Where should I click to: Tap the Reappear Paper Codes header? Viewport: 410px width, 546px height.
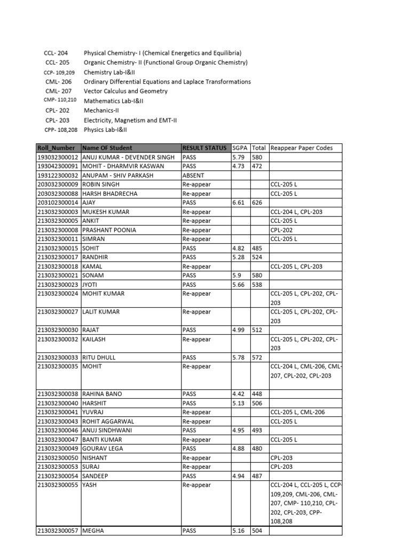tap(302, 148)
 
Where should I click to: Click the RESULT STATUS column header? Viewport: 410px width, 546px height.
tap(204, 148)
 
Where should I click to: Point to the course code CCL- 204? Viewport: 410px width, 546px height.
tap(55, 53)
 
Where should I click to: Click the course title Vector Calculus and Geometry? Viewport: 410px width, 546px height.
tap(125, 91)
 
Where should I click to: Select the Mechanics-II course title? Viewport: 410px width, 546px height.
tap(101, 110)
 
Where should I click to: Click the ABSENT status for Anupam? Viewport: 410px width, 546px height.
tap(193, 175)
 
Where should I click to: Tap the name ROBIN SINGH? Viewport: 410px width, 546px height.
tap(101, 184)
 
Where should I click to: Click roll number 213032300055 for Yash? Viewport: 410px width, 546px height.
tap(58, 485)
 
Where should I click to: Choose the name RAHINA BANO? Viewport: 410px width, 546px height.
tap(102, 394)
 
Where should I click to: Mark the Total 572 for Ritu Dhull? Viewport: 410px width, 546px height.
tap(257, 357)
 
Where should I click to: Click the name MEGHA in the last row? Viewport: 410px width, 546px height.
tap(94, 531)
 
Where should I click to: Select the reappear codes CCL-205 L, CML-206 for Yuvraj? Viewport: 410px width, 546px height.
tap(297, 412)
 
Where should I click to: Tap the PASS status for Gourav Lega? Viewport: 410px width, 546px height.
tap(190, 448)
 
